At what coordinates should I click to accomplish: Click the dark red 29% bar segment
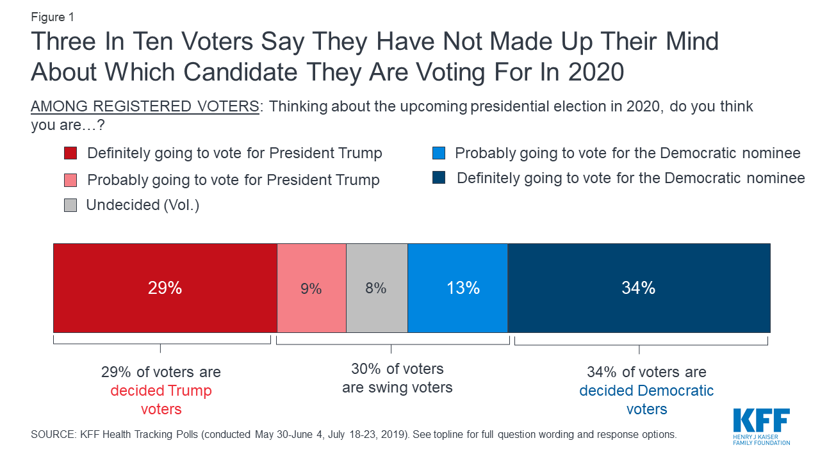coord(165,288)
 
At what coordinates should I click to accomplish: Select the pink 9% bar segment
coord(311,288)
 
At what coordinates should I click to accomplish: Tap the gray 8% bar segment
coord(377,288)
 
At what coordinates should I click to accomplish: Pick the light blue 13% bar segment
coord(457,288)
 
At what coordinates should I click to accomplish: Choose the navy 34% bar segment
coord(639,288)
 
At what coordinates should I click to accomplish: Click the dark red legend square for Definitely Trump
coord(70,154)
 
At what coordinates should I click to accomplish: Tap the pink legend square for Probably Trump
coord(70,181)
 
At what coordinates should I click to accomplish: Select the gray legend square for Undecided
coord(70,206)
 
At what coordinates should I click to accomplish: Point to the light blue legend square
coord(438,154)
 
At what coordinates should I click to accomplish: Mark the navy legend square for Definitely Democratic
coord(438,179)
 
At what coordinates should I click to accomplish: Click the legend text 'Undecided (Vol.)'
coord(143,206)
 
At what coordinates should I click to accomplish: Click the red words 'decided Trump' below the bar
coord(161,391)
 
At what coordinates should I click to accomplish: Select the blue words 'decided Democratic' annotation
coord(646,391)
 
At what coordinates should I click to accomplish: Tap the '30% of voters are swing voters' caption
coord(397,378)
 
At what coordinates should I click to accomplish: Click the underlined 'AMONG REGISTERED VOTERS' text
coord(145,106)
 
